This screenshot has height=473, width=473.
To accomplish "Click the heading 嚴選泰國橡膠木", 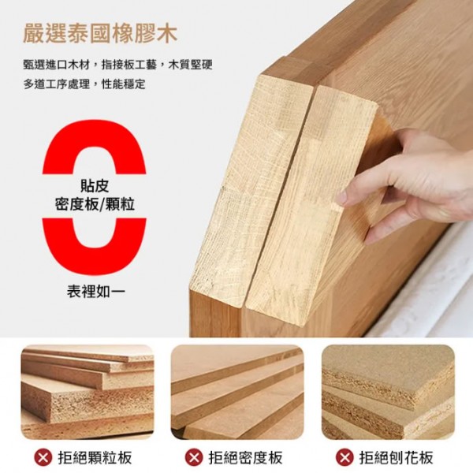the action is click(100, 34).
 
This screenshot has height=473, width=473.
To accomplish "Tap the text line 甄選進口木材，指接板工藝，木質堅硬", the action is click(118, 65).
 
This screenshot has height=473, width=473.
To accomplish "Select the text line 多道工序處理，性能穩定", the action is click(84, 84).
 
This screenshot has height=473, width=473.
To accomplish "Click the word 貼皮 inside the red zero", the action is click(95, 185).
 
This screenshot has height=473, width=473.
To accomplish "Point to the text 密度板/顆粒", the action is click(95, 204).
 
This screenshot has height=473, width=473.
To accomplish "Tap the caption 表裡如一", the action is click(95, 292).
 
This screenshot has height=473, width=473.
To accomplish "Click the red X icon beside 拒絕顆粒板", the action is click(43, 458).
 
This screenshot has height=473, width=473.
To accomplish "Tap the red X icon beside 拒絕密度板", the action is click(194, 458).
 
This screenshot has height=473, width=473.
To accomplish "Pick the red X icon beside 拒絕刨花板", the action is click(345, 458).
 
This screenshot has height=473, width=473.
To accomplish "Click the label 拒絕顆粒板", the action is click(95, 458).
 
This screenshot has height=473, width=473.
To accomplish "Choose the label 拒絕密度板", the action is click(245, 458).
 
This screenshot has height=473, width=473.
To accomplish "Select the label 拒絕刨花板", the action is click(396, 458).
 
